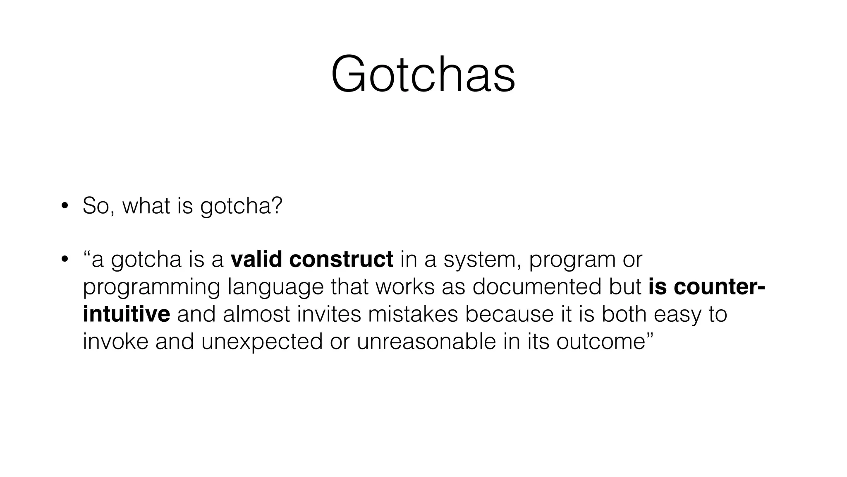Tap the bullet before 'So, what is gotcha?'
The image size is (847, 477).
(x=64, y=206)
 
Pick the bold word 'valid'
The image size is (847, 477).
(x=256, y=260)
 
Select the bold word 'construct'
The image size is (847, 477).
(x=341, y=260)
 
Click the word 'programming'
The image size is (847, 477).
(x=151, y=288)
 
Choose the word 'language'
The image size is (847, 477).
(x=276, y=288)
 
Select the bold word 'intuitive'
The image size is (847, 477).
(x=126, y=314)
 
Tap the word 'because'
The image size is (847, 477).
(x=509, y=314)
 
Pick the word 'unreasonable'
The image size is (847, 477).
(x=426, y=342)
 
